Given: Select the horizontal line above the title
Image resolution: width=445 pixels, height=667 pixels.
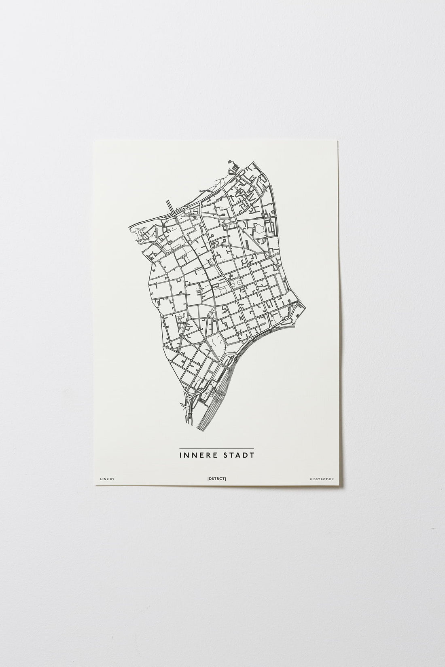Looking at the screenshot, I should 216,449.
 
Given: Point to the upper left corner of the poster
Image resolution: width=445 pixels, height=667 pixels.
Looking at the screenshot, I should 94,140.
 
